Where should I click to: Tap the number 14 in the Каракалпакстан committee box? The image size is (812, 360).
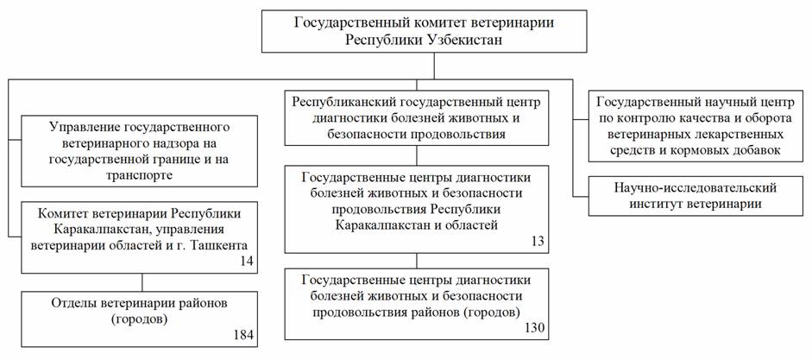[x=248, y=262]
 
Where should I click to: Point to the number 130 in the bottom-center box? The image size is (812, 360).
[x=537, y=328]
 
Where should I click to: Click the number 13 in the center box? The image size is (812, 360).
[x=539, y=242]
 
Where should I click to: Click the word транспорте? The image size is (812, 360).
[x=139, y=174]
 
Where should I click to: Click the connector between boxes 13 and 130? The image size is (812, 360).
[x=418, y=260]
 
